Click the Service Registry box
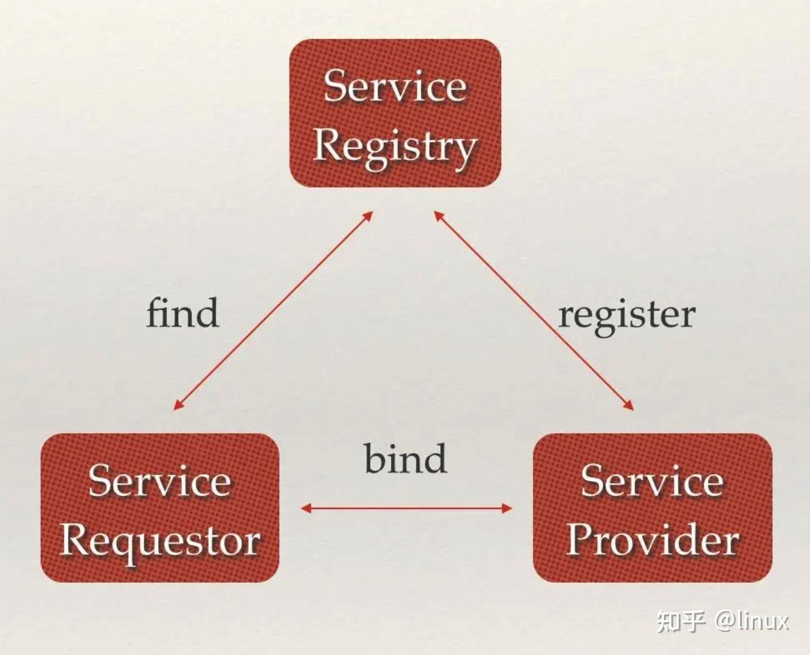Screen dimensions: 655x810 [395, 113]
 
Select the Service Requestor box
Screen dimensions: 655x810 [160, 507]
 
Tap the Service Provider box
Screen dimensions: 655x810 [652, 507]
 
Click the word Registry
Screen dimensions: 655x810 [395, 146]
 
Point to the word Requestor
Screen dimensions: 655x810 [160, 540]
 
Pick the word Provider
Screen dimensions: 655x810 [652, 540]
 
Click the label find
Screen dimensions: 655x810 [182, 314]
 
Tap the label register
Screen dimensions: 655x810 [626, 315]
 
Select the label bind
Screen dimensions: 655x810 [406, 459]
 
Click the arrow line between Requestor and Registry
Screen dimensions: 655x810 [273, 310]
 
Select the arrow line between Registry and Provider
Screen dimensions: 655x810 [534, 310]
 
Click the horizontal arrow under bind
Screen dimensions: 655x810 [406, 508]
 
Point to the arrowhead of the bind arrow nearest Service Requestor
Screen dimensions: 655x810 [306, 508]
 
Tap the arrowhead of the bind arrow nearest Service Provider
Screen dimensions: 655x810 [507, 508]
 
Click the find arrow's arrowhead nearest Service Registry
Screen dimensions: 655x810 [367, 216]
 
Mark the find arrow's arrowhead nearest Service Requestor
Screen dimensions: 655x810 [178, 405]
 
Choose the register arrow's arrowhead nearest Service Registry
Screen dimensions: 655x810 [438, 216]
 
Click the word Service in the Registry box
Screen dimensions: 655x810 [395, 86]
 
